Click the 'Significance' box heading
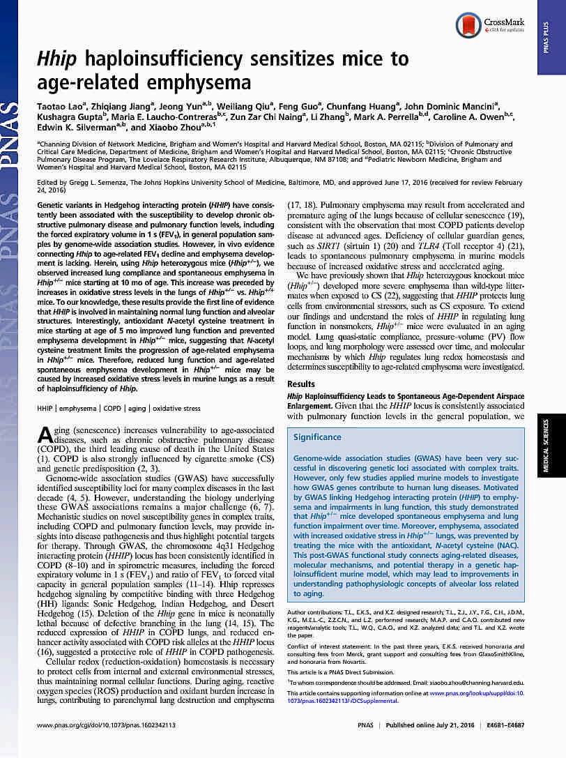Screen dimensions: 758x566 tap(317, 437)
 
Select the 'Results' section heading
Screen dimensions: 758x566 tap(301, 384)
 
